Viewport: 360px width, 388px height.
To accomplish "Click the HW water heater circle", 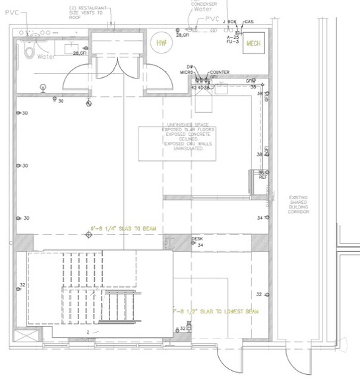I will coord(160,43).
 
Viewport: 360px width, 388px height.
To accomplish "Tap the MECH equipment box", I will coord(253,44).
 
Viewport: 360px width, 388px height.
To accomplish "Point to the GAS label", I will coord(249,22).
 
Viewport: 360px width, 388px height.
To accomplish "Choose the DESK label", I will coord(196,238).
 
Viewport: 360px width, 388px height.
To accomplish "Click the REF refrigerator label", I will coord(262,178).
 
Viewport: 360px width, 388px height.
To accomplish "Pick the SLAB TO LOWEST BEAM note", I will coord(218,310).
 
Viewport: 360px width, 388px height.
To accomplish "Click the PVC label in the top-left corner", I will coord(13,11).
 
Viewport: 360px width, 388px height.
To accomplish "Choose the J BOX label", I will coord(229,22).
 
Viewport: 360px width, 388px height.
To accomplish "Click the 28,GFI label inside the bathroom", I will coord(80,53).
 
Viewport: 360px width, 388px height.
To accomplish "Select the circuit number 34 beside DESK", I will coord(200,245).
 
